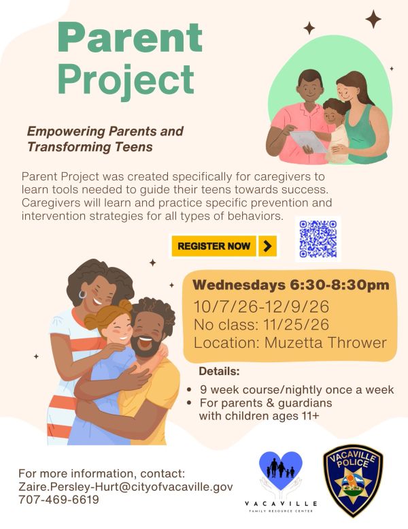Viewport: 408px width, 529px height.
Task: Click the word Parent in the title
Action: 130,37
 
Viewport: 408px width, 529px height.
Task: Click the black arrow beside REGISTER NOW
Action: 267,246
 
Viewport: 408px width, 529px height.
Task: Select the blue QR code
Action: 318,239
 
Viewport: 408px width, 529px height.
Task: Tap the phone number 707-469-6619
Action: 58,500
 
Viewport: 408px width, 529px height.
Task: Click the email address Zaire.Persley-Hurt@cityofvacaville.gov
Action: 125,487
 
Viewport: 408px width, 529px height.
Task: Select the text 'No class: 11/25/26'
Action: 261,325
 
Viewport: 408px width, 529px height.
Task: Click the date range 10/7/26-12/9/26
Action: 261,306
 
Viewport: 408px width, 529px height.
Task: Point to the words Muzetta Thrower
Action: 325,342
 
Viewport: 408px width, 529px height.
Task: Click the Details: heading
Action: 219,371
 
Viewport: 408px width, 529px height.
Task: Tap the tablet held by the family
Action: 307,141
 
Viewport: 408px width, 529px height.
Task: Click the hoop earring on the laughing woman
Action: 82,295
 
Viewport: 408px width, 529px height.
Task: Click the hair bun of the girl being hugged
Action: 125,305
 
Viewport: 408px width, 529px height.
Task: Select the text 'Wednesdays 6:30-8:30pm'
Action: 291,285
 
